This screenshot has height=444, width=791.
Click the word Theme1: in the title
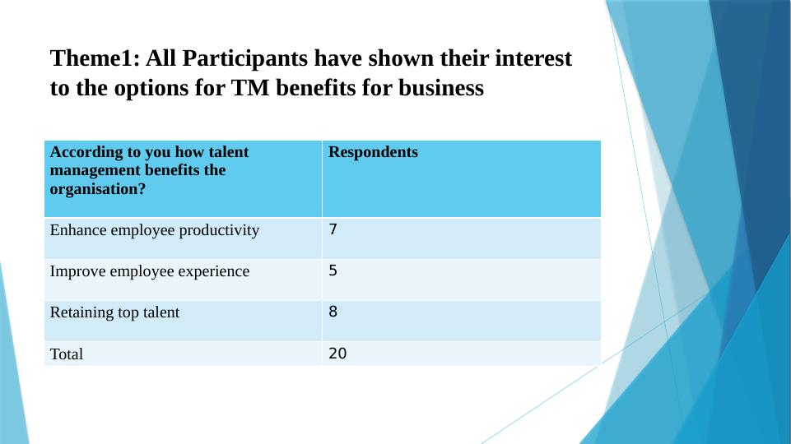95,58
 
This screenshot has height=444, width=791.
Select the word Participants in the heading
245,59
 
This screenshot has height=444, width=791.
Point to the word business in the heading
441,88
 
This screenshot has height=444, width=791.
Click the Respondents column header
374,152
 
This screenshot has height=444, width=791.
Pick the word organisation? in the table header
98,189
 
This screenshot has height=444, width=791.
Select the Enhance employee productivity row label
155,230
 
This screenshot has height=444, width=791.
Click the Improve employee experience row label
150,271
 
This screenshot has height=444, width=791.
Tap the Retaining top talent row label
114,312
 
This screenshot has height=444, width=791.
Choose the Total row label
67,354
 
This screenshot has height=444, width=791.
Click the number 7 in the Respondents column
333,229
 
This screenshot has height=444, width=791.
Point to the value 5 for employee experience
333,271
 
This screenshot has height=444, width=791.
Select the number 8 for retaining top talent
333,312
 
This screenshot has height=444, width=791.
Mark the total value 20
337,354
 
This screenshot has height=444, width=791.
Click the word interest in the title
533,58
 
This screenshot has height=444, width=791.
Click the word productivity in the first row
219,231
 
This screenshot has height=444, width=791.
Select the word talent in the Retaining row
161,312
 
